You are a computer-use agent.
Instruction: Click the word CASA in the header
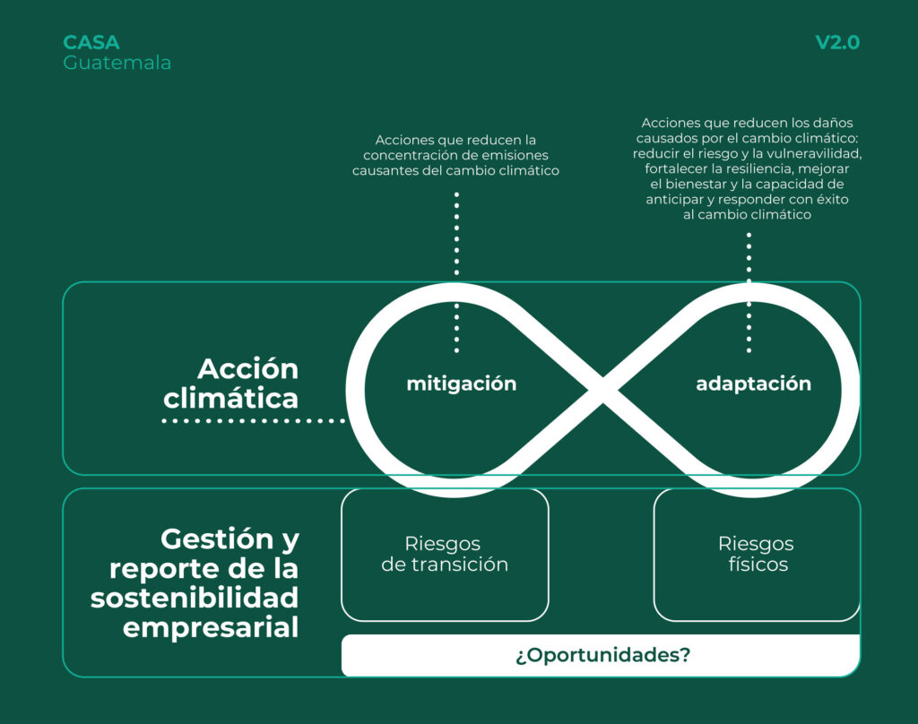pyautogui.click(x=91, y=43)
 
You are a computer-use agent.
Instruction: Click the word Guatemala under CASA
pyautogui.click(x=117, y=63)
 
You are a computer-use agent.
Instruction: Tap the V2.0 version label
pyautogui.click(x=837, y=43)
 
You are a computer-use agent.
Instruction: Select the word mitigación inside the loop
pyautogui.click(x=462, y=384)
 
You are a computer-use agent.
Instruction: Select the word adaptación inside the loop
pyautogui.click(x=753, y=384)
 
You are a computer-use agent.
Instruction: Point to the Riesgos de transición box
pyautogui.click(x=445, y=555)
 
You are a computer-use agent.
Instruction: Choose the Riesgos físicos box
pyautogui.click(x=756, y=555)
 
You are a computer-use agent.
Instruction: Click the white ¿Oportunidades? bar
pyautogui.click(x=602, y=655)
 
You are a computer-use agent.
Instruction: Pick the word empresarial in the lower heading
pyautogui.click(x=211, y=626)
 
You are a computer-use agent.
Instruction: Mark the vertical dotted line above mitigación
pyautogui.click(x=456, y=233)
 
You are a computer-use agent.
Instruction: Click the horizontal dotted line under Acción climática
pyautogui.click(x=254, y=420)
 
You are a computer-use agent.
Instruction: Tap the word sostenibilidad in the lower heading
pyautogui.click(x=195, y=598)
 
